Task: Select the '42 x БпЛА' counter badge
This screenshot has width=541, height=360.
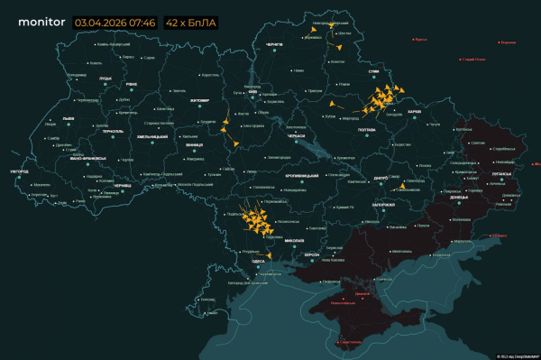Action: (189, 21)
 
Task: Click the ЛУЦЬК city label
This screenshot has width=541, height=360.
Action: (105, 78)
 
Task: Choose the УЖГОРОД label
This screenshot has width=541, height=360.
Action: (19, 171)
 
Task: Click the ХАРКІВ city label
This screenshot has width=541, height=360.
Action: (415, 112)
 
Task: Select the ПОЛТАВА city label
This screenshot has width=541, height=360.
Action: (366, 131)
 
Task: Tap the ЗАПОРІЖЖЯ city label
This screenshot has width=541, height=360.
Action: (383, 205)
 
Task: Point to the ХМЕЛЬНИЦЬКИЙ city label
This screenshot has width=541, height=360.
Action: (152, 136)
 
